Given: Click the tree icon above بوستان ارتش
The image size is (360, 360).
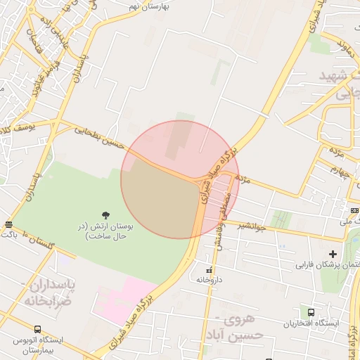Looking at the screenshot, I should coord(105,214).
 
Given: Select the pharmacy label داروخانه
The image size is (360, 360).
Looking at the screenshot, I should coord(210,279).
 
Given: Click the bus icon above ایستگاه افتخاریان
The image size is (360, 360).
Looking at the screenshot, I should coord(310,312).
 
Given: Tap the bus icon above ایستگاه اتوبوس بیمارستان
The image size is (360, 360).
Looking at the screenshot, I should coord(37,329).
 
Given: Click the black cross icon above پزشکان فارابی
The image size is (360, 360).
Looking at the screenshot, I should coord(333,254).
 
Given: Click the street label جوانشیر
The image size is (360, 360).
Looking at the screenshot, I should coord(251,226).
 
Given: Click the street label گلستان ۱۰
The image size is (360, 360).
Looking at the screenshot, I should coord(39,243).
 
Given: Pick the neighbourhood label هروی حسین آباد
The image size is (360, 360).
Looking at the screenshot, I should coord(241,327).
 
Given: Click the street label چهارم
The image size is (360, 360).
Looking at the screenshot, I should coord(340,172).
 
